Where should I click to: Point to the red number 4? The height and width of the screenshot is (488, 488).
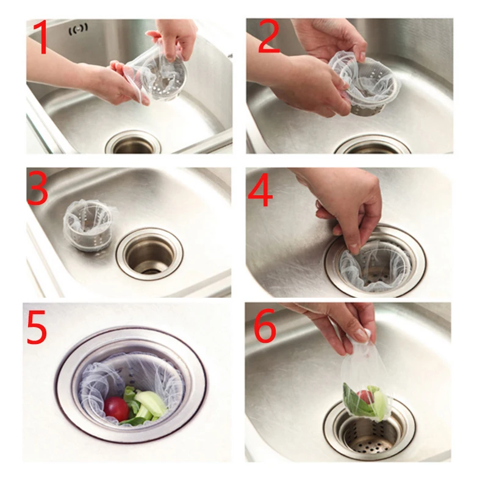(x=260, y=190)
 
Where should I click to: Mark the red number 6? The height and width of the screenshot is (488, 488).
(x=265, y=326)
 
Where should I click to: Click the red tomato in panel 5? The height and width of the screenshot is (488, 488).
(x=116, y=409)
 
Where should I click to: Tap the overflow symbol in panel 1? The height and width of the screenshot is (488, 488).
(x=78, y=29)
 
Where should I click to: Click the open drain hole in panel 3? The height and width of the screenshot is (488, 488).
(x=150, y=253)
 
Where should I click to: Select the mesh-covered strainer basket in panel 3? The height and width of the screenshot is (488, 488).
(x=88, y=224)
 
